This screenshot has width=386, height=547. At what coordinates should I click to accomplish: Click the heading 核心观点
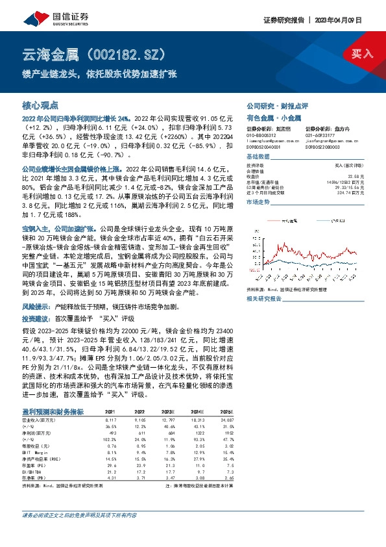40,105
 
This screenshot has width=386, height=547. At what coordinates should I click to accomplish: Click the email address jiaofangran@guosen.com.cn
331,141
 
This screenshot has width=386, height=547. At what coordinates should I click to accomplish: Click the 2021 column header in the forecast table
110,412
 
